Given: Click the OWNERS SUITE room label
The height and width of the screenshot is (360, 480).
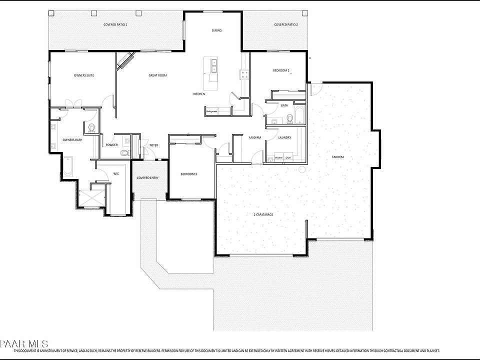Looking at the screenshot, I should (84, 75).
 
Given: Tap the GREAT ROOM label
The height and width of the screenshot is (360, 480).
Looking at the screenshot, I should (157, 75).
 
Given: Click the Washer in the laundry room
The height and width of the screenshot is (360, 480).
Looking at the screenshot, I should (279, 157).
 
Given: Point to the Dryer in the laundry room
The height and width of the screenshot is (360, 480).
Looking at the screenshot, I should (288, 157).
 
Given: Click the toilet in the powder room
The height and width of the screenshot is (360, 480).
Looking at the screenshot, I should (126, 152).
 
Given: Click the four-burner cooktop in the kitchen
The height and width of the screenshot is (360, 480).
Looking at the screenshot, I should (245, 74).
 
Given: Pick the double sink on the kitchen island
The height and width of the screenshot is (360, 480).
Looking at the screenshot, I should (213, 64).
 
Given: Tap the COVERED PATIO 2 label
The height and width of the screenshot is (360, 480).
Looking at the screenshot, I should (286, 24).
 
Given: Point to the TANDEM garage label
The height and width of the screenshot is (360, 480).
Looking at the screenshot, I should (337, 157).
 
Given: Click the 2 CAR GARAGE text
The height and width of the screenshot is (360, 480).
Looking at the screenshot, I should (263, 214).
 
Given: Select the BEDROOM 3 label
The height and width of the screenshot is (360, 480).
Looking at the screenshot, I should (189, 174).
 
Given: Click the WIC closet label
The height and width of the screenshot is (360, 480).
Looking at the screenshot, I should (116, 174).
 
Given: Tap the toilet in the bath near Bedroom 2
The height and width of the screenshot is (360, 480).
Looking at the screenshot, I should (289, 118).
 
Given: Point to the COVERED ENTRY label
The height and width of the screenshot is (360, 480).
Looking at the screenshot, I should (148, 177).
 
